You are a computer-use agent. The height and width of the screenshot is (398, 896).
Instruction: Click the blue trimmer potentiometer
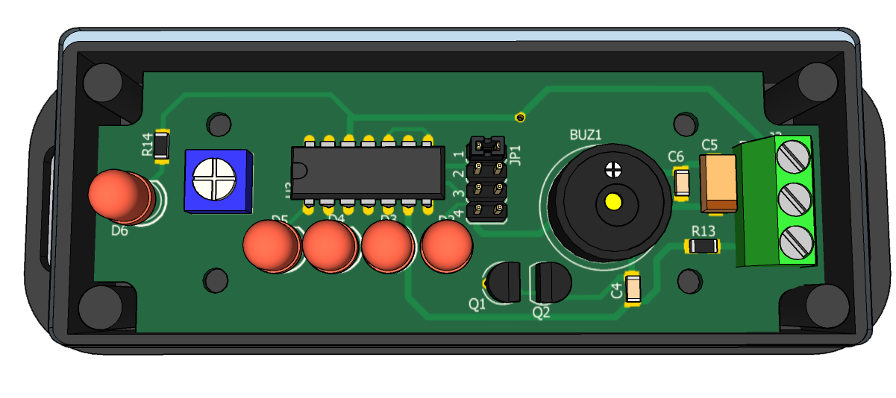(x=216, y=181)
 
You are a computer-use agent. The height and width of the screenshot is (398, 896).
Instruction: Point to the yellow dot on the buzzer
(x=613, y=201)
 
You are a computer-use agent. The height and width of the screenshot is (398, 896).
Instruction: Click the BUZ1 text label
(x=586, y=135)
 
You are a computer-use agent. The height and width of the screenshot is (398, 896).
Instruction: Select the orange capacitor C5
(x=719, y=183)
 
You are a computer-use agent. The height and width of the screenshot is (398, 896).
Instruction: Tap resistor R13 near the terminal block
(x=703, y=246)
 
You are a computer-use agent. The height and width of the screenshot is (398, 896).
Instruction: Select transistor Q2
(x=551, y=283)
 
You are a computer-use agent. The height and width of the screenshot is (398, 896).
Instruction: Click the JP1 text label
(x=515, y=154)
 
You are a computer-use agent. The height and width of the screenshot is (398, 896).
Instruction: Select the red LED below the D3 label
(x=387, y=247)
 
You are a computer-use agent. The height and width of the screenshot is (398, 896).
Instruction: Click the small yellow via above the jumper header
(x=521, y=117)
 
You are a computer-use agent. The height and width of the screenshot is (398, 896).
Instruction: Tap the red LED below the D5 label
(x=269, y=247)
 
